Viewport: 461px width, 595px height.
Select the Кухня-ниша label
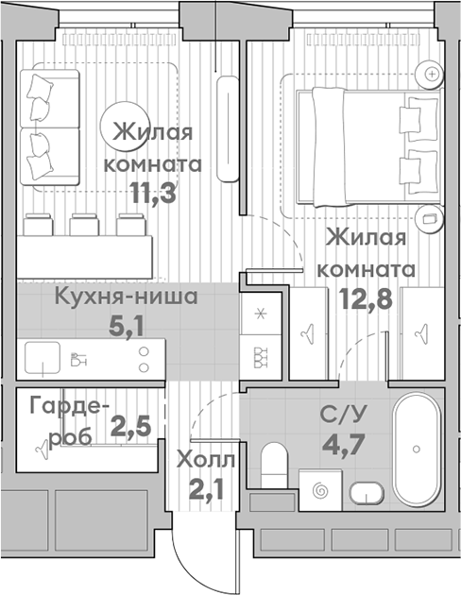pyautogui.click(x=125, y=298)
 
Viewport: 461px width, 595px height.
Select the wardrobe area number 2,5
pyautogui.click(x=131, y=428)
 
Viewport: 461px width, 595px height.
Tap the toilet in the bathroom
pyautogui.click(x=273, y=463)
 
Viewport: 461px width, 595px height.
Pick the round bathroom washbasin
pyautogui.click(x=366, y=492)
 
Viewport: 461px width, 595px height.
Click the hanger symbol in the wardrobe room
pyautogui.click(x=42, y=443)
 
